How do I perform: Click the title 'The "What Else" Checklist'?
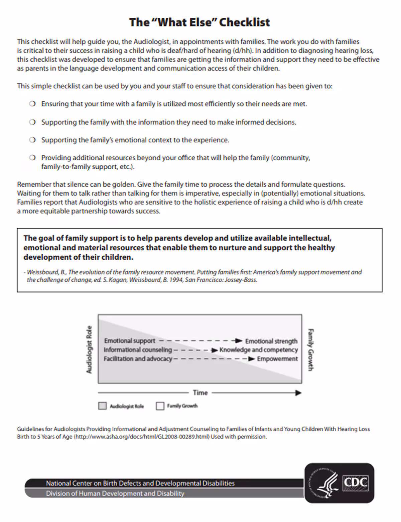(199, 22)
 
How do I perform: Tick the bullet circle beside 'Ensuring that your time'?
(32, 104)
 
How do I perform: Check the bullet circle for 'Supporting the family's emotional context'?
(32, 140)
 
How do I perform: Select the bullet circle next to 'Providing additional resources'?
(32, 158)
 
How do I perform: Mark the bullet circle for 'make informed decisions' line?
(32, 122)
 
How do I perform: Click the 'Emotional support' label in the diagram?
(130, 341)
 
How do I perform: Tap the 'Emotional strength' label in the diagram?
(271, 341)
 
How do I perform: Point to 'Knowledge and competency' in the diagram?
(258, 350)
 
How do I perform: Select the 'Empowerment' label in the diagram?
(277, 359)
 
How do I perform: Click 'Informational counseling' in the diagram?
(137, 350)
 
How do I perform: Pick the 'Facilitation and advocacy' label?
(138, 359)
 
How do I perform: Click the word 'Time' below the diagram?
(200, 393)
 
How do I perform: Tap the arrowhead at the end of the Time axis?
(298, 393)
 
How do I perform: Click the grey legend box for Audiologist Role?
(102, 406)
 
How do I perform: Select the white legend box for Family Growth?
(160, 406)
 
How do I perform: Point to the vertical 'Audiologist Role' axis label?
(89, 349)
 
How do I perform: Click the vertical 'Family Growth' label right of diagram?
(310, 349)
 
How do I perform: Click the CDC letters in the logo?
(356, 483)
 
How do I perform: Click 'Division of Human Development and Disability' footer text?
(115, 493)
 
